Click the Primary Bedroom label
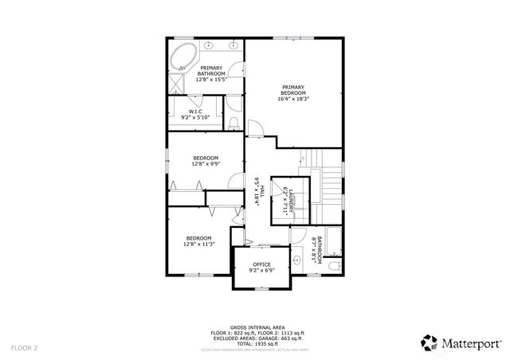[292, 93]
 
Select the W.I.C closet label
[195, 114]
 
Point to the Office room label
[262, 268]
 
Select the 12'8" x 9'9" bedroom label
[206, 161]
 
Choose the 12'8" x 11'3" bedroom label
[198, 241]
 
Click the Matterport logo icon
[430, 342]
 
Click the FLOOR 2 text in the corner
[24, 347]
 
